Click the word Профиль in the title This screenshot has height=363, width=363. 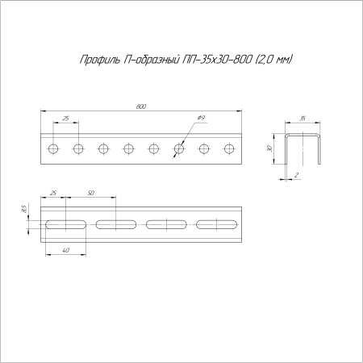[98, 60]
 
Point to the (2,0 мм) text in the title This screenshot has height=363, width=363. [271, 60]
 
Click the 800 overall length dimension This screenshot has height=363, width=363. [141, 106]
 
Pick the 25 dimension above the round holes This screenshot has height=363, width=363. [65, 119]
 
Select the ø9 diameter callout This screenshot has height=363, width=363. [200, 119]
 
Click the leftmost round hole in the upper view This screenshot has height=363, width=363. [53, 148]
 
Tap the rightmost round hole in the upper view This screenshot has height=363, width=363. [228, 148]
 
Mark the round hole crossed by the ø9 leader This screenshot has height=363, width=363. [178, 148]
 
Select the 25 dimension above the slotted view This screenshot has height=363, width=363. [53, 194]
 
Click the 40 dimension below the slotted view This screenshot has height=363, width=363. [65, 251]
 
